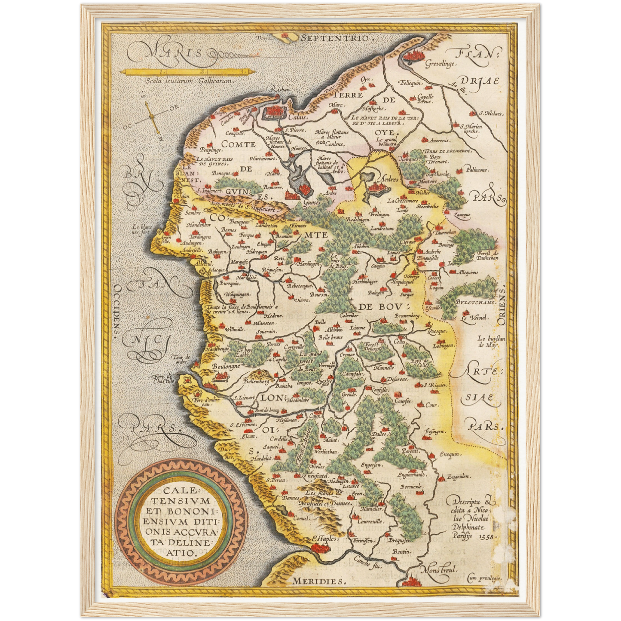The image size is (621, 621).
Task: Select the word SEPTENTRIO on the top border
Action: [335, 38]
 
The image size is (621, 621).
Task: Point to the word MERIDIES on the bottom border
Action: [318, 581]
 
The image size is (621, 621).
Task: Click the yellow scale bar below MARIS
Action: [185, 71]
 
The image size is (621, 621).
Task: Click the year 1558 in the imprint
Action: [487, 537]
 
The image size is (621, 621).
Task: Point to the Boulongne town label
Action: [226, 367]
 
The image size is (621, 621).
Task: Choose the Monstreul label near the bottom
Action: [439, 570]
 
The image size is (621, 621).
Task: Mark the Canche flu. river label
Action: [368, 563]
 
